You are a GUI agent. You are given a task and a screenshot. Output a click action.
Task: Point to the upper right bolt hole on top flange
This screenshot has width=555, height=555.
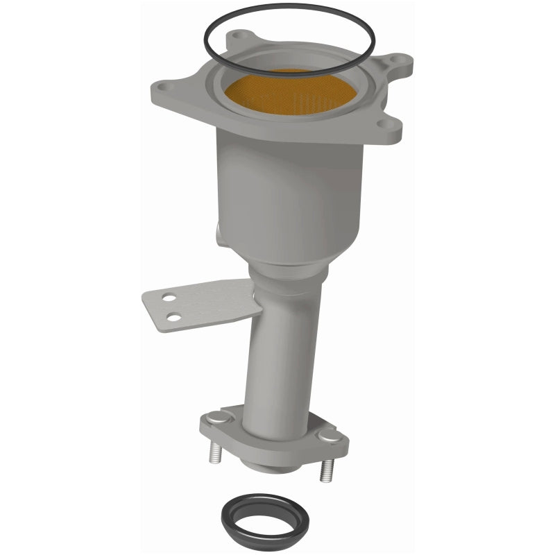[x=396, y=60]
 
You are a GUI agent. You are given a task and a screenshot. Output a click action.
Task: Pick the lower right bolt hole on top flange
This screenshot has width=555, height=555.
[x=380, y=125]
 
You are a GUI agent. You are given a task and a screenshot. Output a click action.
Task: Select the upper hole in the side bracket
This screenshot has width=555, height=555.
[x=166, y=300]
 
